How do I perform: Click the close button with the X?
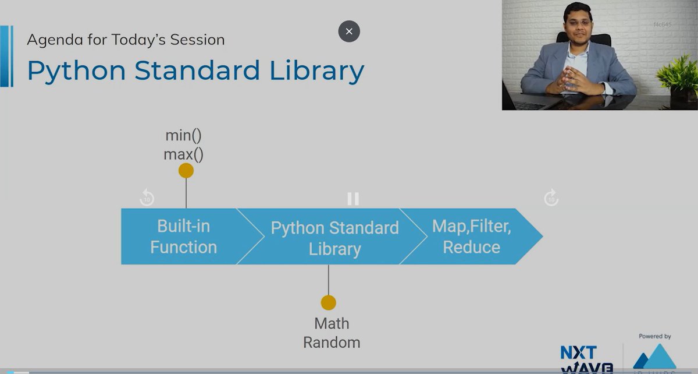click(x=349, y=31)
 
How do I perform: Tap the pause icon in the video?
click(x=353, y=199)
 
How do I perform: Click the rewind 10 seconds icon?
click(x=147, y=198)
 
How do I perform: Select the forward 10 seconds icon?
click(x=551, y=198)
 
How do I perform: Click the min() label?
click(x=183, y=136)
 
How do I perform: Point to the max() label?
click(x=183, y=154)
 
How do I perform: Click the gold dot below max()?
click(x=186, y=171)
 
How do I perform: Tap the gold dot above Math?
click(x=329, y=303)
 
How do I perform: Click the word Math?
click(x=332, y=323)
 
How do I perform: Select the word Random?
click(x=332, y=343)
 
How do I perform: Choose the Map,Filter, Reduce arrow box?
click(x=471, y=237)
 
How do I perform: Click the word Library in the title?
click(x=317, y=71)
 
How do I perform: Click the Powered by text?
click(x=655, y=336)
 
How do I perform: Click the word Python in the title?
click(x=76, y=71)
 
